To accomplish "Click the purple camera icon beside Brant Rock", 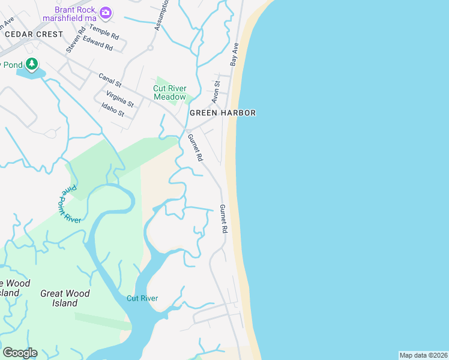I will point(106,12).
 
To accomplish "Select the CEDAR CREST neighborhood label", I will point(34,34).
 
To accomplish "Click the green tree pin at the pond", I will point(31,63).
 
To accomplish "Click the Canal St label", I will point(110,80).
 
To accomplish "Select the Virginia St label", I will point(119,99).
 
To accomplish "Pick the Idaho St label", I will point(113,110).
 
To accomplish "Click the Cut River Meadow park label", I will point(169,92).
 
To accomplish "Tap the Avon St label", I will point(217,92).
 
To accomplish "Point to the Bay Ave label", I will point(235,54).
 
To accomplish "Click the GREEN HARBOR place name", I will point(223,113).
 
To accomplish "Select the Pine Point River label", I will point(71,205).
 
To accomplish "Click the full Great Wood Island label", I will point(65,298).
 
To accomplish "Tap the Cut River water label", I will point(142,298).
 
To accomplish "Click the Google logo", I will point(20,352).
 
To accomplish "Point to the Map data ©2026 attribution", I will point(423,355).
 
